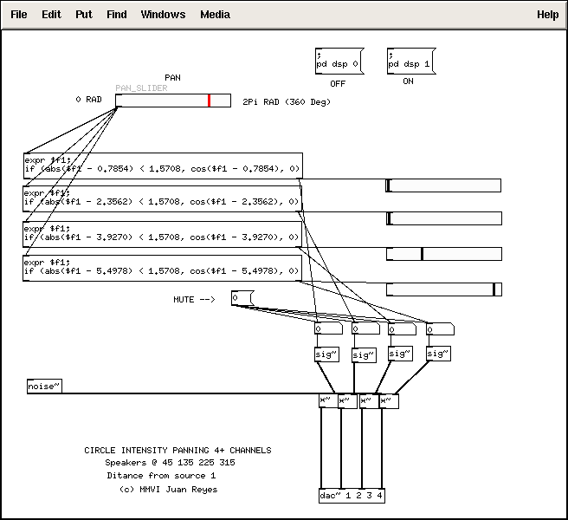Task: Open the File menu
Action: pos(19,15)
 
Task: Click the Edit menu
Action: pos(51,15)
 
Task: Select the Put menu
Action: pos(84,15)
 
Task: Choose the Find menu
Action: pos(117,15)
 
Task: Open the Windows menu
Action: pos(163,15)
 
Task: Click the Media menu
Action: pos(216,15)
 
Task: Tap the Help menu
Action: pos(548,15)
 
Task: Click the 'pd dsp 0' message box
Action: pos(339,61)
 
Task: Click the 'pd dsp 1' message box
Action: pos(411,61)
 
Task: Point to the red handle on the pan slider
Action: pos(209,101)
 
